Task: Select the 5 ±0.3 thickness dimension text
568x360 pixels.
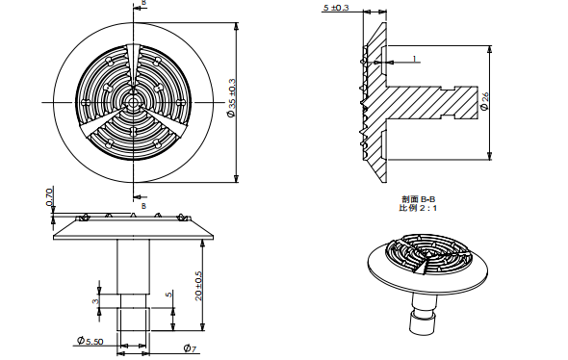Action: [336, 8]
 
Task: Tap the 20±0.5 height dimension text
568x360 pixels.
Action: [197, 285]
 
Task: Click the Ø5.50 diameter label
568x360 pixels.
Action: [89, 342]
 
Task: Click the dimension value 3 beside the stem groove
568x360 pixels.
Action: [94, 301]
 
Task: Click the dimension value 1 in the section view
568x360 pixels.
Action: [414, 59]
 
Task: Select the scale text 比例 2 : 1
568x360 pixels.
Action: [418, 208]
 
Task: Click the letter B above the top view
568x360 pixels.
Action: [143, 4]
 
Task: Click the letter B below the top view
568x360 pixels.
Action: [143, 204]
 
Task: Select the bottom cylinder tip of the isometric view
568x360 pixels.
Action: [422, 324]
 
